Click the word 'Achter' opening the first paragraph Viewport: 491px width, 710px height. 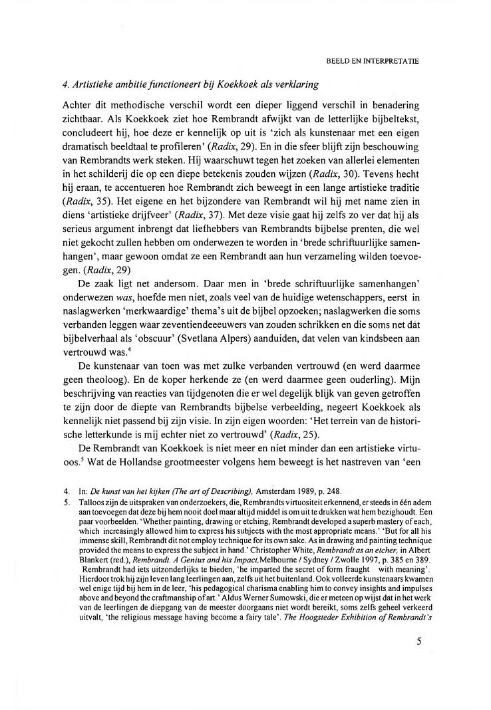[x=88, y=106]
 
